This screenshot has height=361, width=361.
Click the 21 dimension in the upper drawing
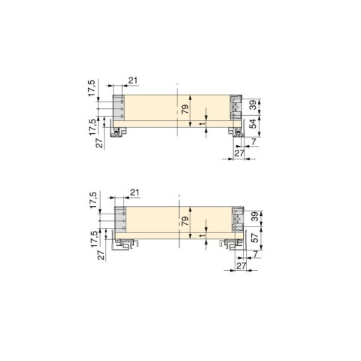(x=132, y=80)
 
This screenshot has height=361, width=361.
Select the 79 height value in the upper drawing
(x=185, y=108)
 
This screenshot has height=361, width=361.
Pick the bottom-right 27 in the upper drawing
(x=239, y=153)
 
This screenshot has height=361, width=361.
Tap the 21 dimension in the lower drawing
(x=135, y=193)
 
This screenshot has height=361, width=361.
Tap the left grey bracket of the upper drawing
(x=117, y=108)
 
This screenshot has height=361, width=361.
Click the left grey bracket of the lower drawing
(x=119, y=221)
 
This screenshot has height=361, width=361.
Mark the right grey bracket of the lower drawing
(x=238, y=220)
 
